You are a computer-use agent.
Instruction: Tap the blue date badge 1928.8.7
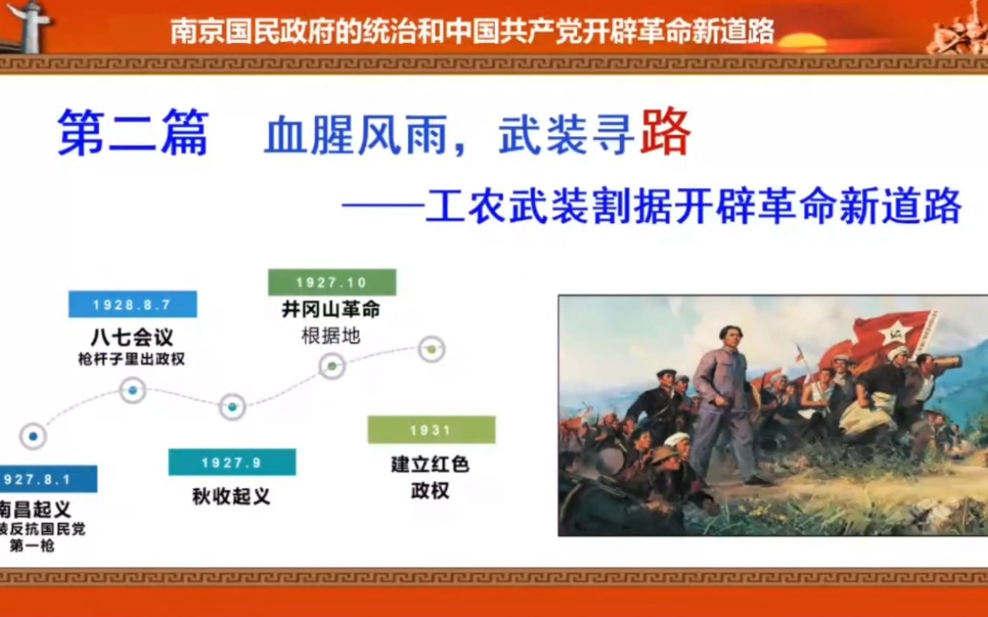(133, 304)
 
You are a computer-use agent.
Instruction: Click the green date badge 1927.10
(331, 282)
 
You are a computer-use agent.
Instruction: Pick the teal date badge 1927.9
(232, 463)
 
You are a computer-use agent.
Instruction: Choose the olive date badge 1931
(431, 430)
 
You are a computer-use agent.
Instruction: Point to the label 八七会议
(133, 339)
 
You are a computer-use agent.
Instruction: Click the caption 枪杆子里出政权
(133, 360)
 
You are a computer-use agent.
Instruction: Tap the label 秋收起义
(232, 496)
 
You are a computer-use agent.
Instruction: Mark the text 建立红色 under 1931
(430, 464)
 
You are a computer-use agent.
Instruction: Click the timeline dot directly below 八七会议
(133, 390)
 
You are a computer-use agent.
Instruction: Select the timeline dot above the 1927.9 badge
(232, 407)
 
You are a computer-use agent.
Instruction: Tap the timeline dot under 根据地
(332, 365)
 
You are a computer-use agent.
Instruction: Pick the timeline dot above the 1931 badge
(432, 349)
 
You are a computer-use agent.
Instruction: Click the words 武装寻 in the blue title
(566, 137)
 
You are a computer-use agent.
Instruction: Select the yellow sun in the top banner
(802, 41)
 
